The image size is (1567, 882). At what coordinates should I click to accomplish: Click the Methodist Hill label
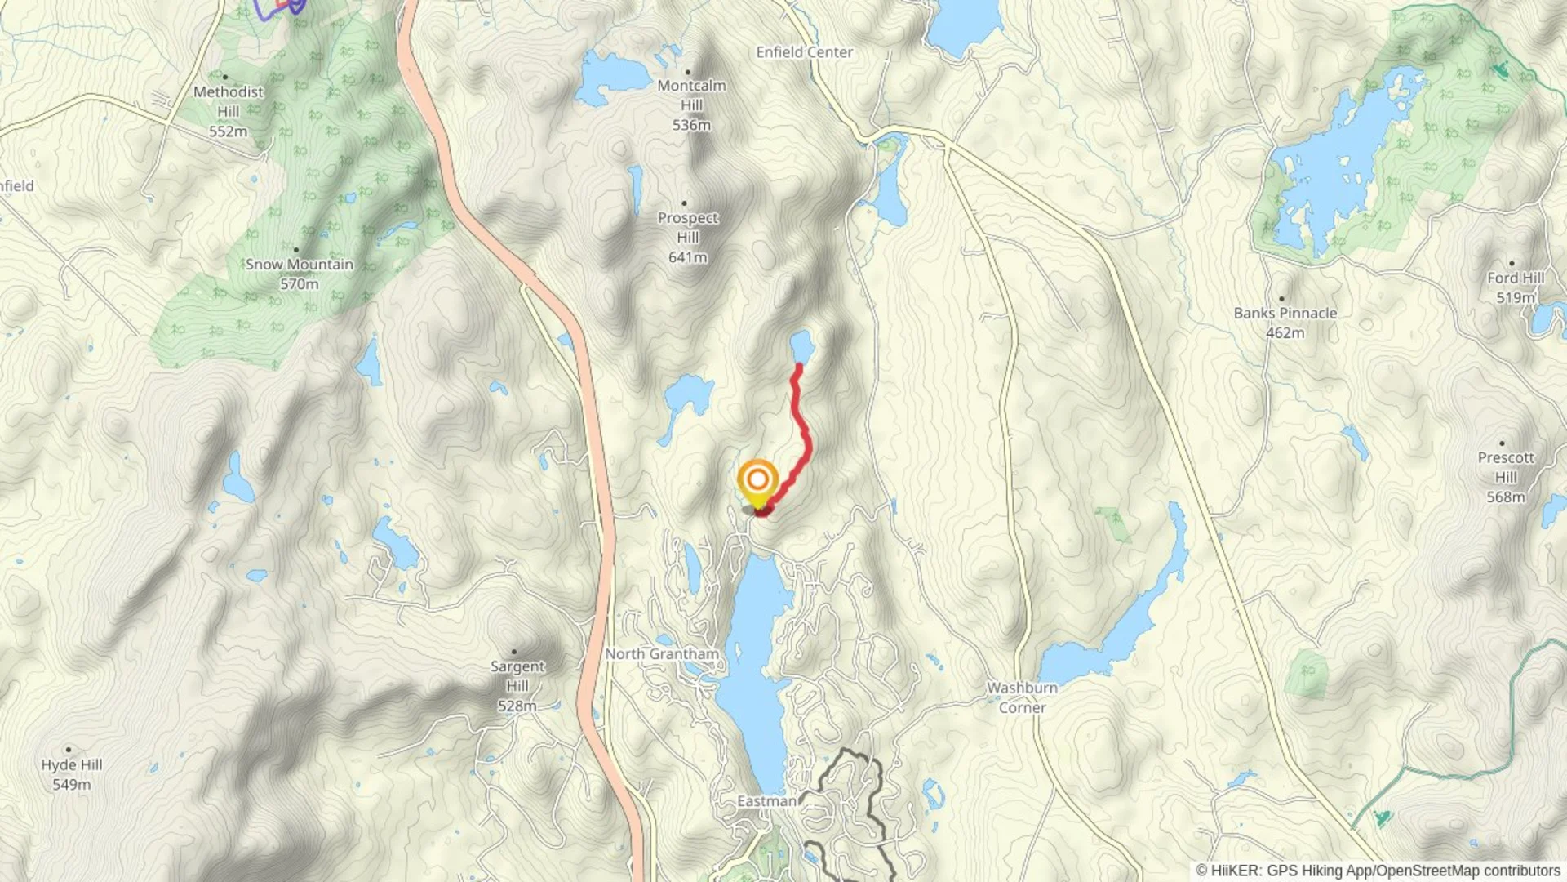(229, 111)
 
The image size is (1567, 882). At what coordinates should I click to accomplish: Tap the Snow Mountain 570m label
(299, 274)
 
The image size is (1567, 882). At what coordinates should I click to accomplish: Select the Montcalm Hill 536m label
(691, 105)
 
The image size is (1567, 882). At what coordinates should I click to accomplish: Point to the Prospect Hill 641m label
(687, 237)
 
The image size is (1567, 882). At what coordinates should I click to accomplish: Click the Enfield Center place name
(804, 52)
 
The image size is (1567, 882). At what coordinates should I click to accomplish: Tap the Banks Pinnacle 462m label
(1285, 323)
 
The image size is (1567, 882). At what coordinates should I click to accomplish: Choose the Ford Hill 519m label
(1515, 287)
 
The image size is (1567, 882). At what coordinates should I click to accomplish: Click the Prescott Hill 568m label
(1506, 477)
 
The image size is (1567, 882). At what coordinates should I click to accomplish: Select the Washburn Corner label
(1022, 697)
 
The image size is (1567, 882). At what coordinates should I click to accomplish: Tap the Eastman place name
(766, 801)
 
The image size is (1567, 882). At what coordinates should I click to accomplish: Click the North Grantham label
(662, 654)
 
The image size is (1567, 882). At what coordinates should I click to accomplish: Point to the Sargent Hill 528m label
(517, 686)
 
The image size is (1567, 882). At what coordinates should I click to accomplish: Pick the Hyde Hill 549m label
(71, 774)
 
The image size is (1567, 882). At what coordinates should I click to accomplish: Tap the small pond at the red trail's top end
(801, 346)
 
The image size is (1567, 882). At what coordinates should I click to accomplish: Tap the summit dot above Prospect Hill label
(684, 203)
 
